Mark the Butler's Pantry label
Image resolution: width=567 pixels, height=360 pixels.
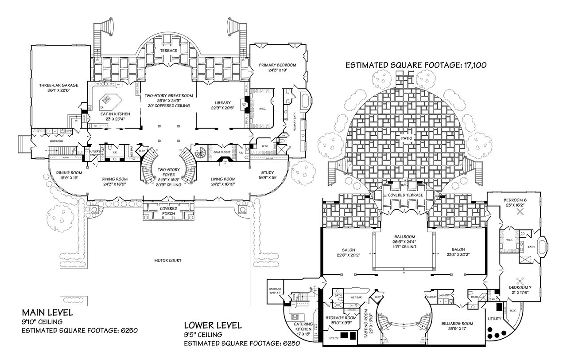tap(96, 153)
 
